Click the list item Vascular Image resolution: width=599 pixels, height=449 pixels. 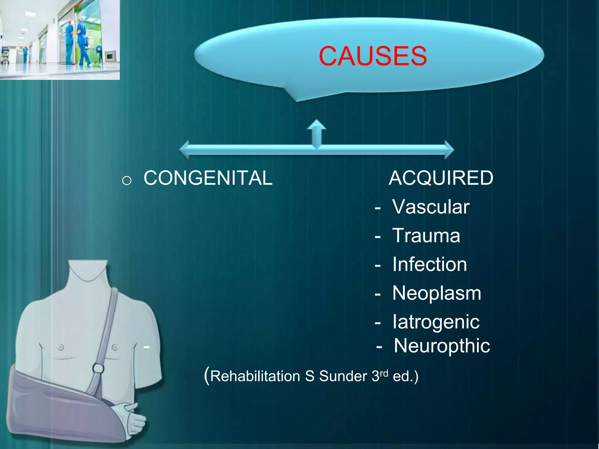tap(431, 207)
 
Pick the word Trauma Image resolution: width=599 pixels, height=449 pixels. tap(426, 235)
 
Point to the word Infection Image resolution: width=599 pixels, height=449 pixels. tap(429, 264)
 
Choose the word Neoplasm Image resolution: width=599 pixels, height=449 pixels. tap(436, 293)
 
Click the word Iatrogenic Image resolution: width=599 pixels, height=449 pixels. tap(436, 322)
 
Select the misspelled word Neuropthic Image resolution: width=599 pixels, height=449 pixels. tap(442, 346)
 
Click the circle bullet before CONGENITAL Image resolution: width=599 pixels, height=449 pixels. tap(127, 181)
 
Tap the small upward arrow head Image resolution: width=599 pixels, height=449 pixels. tap(316, 124)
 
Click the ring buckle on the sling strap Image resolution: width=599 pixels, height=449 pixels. tap(98, 368)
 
